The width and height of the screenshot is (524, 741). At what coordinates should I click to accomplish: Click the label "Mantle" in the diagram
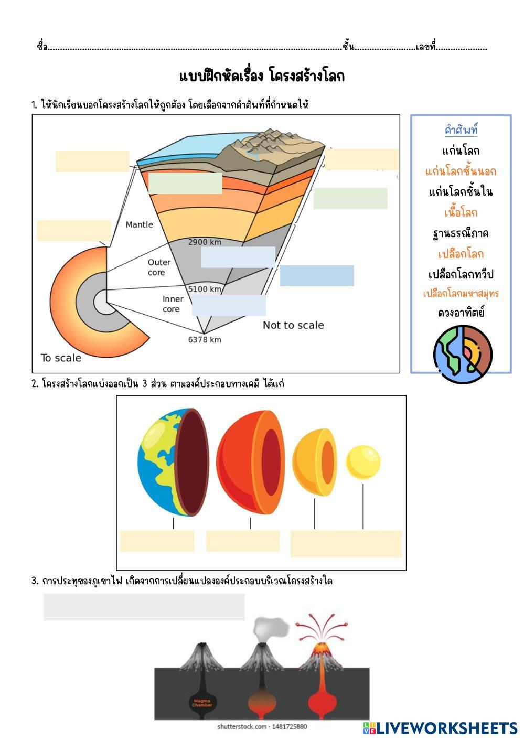[x=140, y=224]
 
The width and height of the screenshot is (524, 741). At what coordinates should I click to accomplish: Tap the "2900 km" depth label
[x=205, y=242]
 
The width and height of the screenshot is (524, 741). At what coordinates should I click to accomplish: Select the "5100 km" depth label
[x=205, y=289]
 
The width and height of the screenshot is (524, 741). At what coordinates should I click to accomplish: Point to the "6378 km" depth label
[x=205, y=339]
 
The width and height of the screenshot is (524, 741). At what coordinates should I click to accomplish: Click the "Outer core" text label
[x=158, y=267]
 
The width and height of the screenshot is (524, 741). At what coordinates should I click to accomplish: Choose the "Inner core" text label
[x=173, y=304]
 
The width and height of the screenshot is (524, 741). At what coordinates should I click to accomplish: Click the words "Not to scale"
[x=293, y=325]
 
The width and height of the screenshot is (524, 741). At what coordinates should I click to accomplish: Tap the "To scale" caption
[x=61, y=358]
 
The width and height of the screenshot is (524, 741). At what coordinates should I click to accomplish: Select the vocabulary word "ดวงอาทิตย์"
[x=461, y=313]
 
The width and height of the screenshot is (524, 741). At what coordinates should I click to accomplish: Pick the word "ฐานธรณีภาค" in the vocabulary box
[x=461, y=233]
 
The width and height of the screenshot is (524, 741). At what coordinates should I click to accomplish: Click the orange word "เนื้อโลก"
[x=461, y=212]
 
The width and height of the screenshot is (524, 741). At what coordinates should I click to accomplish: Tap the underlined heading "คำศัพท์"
[x=461, y=130]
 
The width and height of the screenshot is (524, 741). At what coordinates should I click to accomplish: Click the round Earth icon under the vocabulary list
[x=463, y=354]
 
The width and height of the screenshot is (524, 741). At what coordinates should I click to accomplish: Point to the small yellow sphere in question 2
[x=363, y=463]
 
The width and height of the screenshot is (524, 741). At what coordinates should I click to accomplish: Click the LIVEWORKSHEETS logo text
[x=446, y=728]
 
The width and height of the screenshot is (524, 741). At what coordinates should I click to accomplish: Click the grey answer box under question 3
[x=144, y=607]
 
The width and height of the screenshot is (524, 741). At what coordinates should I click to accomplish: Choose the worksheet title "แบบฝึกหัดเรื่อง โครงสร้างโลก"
[x=262, y=77]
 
